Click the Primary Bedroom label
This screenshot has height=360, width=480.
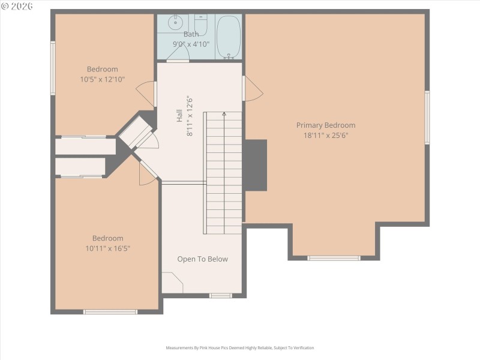[x=326, y=125]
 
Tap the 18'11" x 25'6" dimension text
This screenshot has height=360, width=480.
[x=326, y=136]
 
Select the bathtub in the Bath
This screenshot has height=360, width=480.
[x=228, y=37]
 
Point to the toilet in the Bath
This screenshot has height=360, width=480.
[x=200, y=26]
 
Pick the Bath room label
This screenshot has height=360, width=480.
[x=191, y=34]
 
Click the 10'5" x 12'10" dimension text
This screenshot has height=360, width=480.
[x=103, y=79]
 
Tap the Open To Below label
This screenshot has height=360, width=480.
[x=202, y=259]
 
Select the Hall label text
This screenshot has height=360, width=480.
[x=179, y=117]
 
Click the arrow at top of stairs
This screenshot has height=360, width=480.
[x=224, y=113]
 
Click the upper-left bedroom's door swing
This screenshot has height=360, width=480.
[x=146, y=94]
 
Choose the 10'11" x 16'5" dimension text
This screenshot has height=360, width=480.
[x=107, y=248]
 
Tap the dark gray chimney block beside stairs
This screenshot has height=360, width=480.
[x=254, y=165]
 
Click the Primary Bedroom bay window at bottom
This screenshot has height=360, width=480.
[x=334, y=258]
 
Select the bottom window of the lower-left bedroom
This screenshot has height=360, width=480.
[x=110, y=311]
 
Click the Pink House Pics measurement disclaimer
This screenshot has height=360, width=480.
[x=239, y=348]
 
